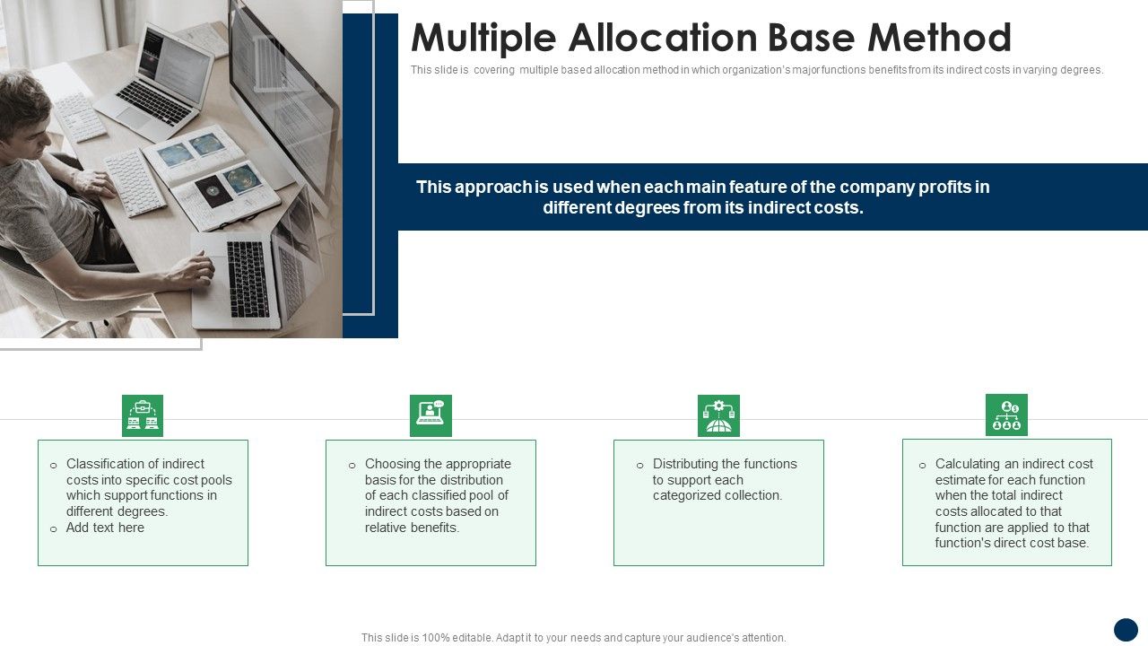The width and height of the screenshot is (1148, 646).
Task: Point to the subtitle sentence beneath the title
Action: pos(756,70)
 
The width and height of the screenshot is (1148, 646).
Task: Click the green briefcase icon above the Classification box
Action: pos(143,415)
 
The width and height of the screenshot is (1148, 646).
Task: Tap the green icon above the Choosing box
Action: pos(430,415)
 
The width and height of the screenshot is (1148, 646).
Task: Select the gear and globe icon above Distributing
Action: pos(718,415)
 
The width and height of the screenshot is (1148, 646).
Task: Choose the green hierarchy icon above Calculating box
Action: pos(1006,415)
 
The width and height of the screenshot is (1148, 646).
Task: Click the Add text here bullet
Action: pos(105,528)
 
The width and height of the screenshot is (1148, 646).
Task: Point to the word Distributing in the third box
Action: pos(688,464)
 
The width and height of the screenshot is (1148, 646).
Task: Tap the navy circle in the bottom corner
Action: pos(1126,630)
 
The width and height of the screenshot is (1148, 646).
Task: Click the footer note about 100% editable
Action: pos(574,638)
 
